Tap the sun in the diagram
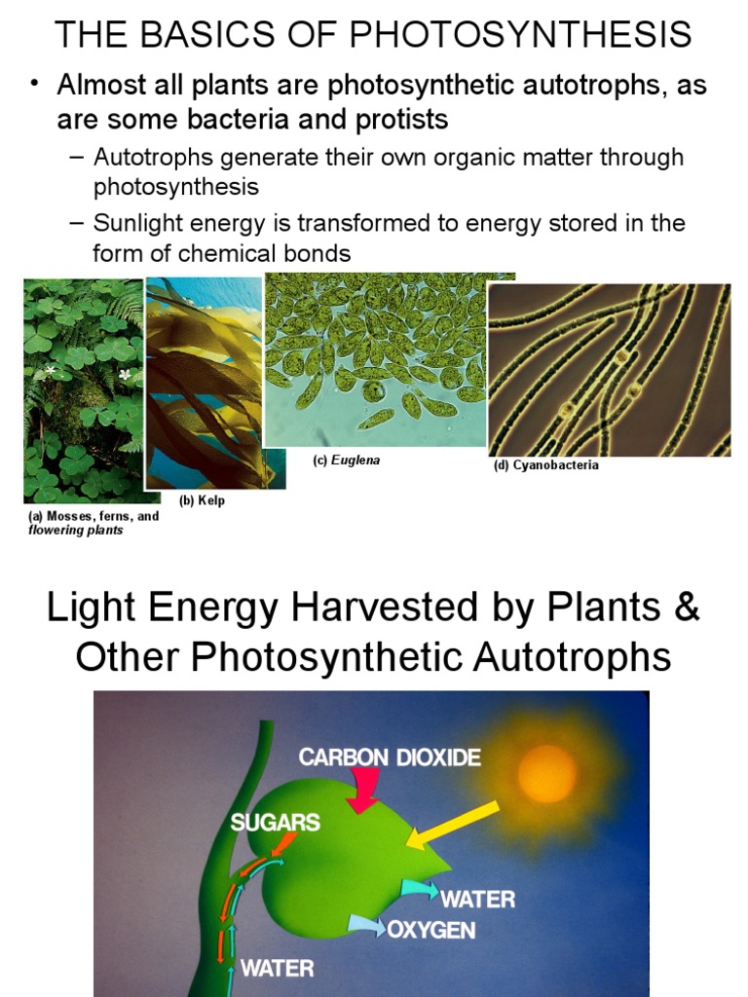pyautogui.click(x=546, y=773)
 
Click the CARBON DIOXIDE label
pyautogui.click(x=390, y=757)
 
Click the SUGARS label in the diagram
pyautogui.click(x=276, y=822)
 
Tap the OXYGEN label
pyautogui.click(x=431, y=929)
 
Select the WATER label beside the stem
pyautogui.click(x=277, y=968)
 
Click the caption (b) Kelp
pyautogui.click(x=203, y=500)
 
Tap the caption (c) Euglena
pyautogui.click(x=346, y=461)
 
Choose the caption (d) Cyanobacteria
pyautogui.click(x=545, y=465)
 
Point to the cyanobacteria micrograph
pyautogui.click(x=609, y=370)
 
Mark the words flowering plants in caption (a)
pyautogui.click(x=76, y=531)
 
